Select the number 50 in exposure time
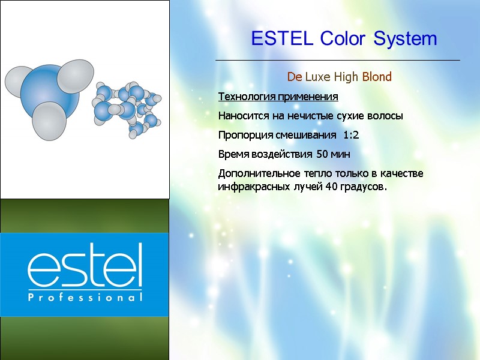pos(322,154)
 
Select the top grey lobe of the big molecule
pos(76,76)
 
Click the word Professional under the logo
pos(85,298)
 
